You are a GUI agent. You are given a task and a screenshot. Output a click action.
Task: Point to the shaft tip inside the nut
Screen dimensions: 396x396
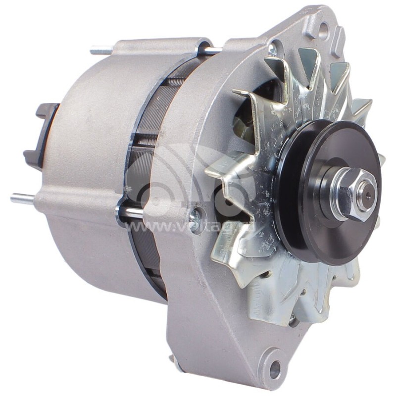point(365,188)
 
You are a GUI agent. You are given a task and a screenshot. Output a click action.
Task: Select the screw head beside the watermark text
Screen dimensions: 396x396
point(196,214)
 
